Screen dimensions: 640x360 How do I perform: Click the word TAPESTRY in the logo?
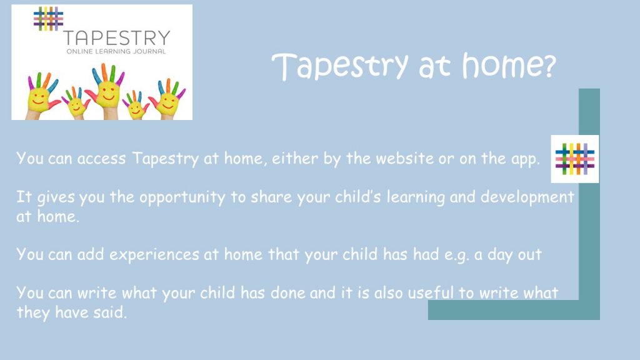[117, 38]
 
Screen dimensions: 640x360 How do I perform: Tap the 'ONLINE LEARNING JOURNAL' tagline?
[116, 51]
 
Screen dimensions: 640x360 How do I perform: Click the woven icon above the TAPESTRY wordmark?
[49, 19]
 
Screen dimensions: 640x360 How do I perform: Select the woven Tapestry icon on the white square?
[575, 159]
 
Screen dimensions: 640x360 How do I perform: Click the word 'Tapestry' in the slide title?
[341, 66]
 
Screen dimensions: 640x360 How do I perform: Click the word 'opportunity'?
[182, 198]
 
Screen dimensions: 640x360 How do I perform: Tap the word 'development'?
[527, 197]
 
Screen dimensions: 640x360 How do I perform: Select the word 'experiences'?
[154, 255]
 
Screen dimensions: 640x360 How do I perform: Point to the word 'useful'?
[431, 292]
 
